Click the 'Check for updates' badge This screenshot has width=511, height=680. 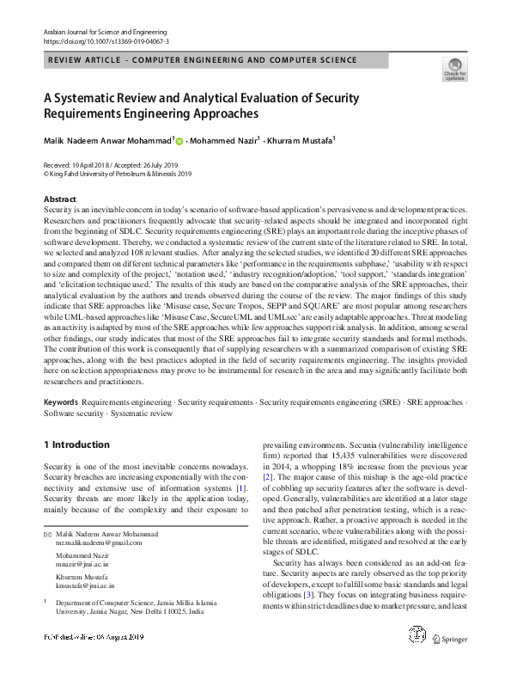(454, 69)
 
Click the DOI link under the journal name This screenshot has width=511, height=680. (106, 40)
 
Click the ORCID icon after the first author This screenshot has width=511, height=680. (180, 140)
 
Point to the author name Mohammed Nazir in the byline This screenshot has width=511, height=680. (226, 140)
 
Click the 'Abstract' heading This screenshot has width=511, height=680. (60, 199)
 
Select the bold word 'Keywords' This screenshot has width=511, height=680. (60, 402)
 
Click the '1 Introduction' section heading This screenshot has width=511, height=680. (76, 444)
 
